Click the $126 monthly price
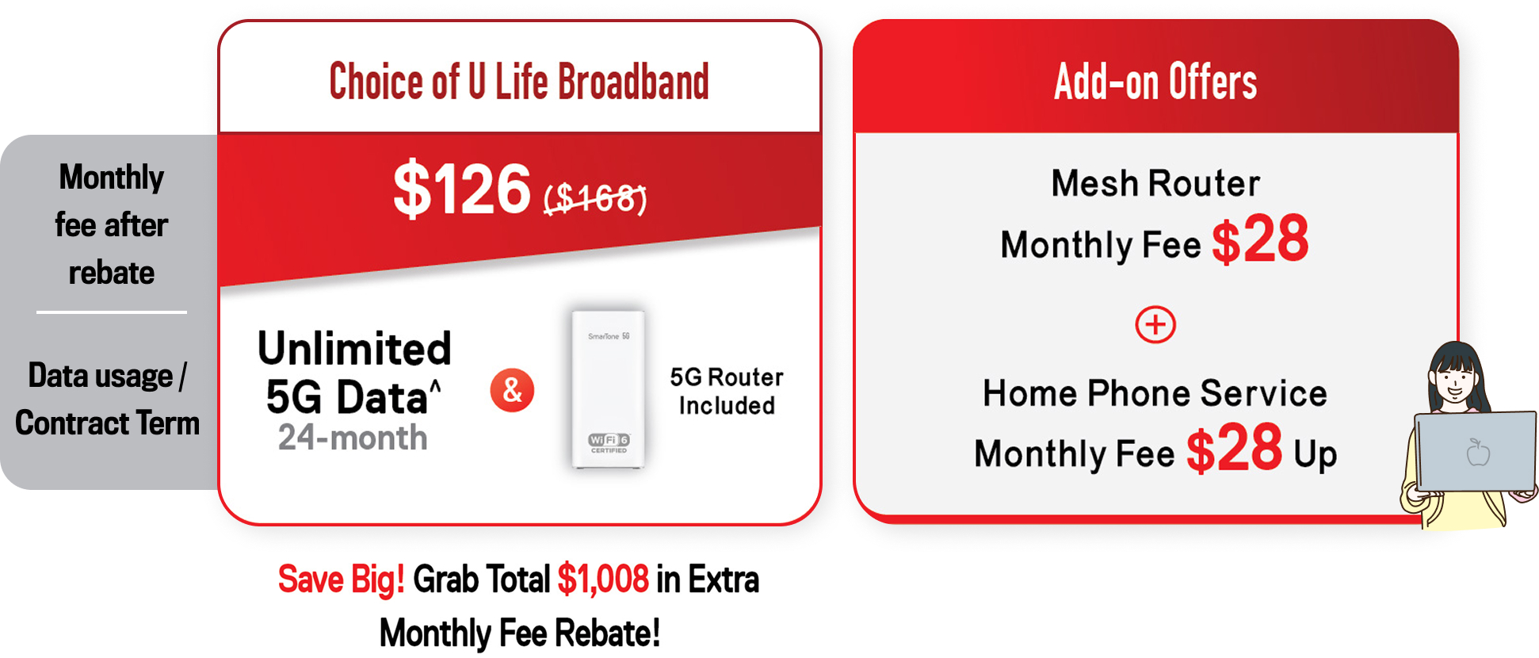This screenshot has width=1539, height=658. click(x=462, y=189)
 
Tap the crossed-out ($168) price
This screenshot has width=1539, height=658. click(x=595, y=197)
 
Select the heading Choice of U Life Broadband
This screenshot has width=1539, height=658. click(x=519, y=81)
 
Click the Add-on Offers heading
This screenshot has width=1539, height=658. click(x=1155, y=81)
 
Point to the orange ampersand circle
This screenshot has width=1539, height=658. click(x=512, y=390)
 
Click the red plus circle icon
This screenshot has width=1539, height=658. click(x=1155, y=324)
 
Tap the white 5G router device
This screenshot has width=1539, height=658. click(x=609, y=389)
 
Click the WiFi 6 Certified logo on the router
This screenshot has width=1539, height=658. click(x=609, y=442)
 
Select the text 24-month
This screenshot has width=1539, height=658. click(x=353, y=438)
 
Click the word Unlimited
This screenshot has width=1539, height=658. click(x=354, y=348)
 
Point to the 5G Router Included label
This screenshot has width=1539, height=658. click(x=727, y=391)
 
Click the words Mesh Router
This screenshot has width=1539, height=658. click(x=1155, y=183)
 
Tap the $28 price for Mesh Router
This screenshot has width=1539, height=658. click(x=1260, y=239)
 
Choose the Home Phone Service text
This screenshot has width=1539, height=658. click(x=1155, y=393)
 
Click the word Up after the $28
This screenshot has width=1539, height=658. click(x=1316, y=454)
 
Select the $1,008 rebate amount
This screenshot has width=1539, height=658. click(x=603, y=580)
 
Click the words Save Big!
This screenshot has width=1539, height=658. click(x=341, y=580)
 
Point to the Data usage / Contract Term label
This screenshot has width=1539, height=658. click(x=107, y=400)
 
